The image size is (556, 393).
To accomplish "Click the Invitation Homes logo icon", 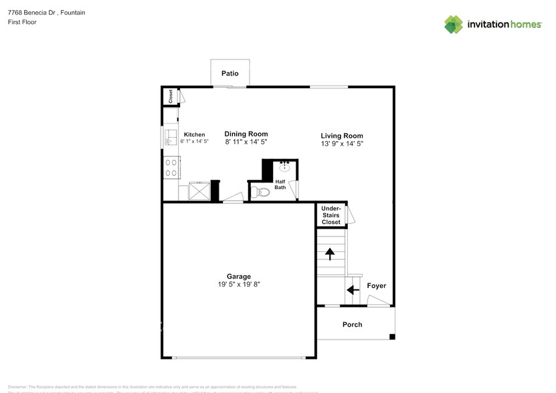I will (x=454, y=24).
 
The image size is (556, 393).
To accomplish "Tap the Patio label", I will (x=229, y=74).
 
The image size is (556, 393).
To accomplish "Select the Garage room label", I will (x=238, y=276).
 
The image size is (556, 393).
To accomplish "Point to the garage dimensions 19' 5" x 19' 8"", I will (x=238, y=285).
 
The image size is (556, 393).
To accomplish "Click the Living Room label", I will (x=341, y=135).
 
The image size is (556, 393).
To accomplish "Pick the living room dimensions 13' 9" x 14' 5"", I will (x=341, y=144).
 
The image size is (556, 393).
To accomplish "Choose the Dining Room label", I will (x=246, y=134).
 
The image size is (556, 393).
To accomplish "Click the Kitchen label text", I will (x=194, y=134).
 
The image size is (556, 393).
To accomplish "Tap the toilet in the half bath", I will (x=261, y=192).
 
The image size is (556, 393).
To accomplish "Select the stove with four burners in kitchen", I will (x=171, y=166).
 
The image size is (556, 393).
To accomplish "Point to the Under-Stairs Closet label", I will (x=331, y=215).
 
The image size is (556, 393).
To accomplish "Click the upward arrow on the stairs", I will (x=329, y=254).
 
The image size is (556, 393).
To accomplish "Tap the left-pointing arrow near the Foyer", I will (x=349, y=290).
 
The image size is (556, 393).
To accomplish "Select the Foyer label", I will (x=376, y=286).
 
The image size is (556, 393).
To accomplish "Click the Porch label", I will (x=352, y=325).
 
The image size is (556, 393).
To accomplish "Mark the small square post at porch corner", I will (x=392, y=336).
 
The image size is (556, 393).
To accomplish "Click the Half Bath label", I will (x=280, y=184).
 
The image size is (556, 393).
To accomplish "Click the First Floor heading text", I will (x=23, y=22).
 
